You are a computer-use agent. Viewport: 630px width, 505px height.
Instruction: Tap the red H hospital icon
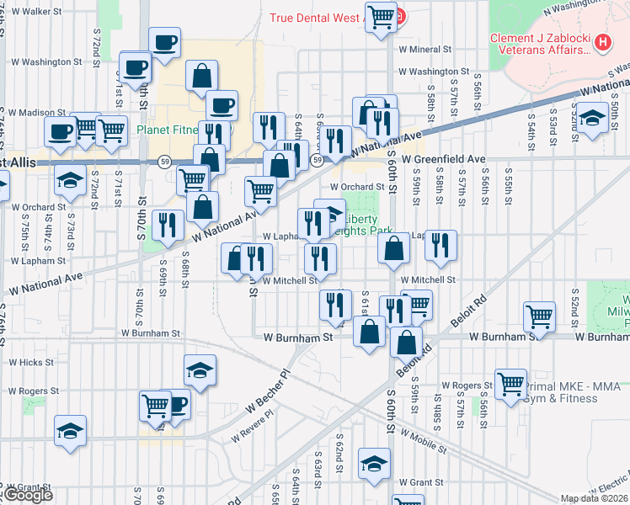(602, 41)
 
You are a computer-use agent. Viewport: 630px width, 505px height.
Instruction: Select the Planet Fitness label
(167, 130)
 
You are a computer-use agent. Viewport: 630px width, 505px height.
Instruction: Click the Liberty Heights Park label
(362, 223)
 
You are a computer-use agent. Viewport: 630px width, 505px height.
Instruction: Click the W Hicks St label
(31, 362)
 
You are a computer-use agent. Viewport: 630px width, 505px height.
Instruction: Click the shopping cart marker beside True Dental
(382, 16)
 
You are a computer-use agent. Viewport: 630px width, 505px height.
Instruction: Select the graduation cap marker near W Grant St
(375, 464)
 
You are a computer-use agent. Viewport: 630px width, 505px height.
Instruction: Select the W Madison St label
(37, 112)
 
